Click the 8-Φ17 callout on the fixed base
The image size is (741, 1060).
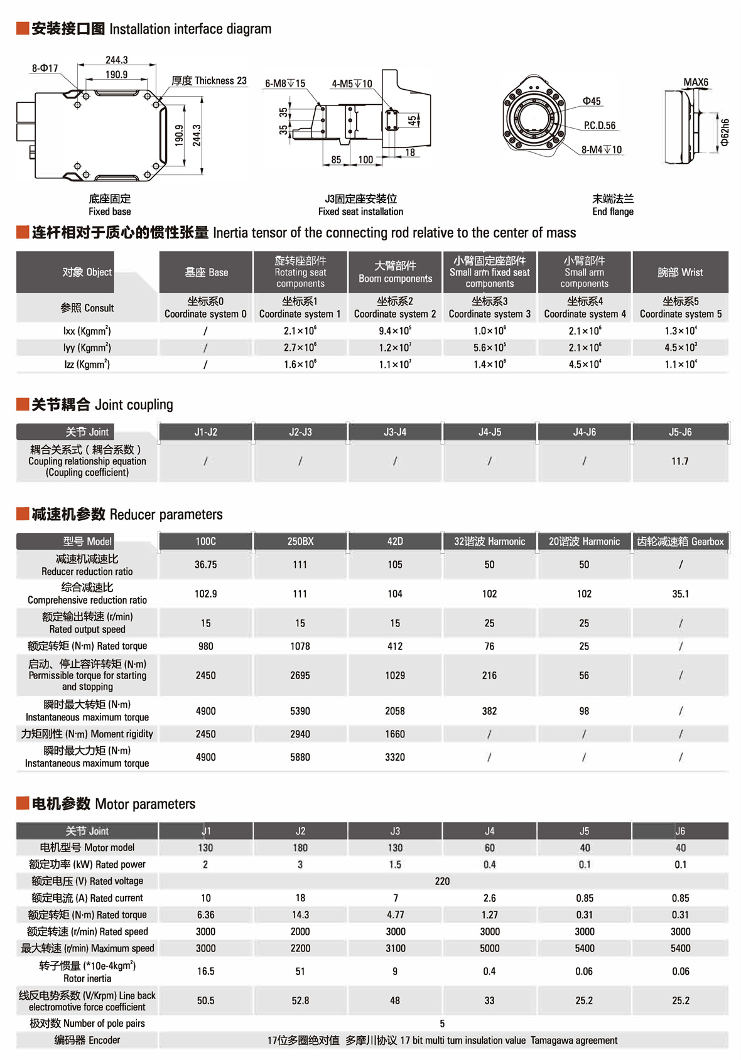point(45,68)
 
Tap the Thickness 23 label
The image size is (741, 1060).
point(209,81)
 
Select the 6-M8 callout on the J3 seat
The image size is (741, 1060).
point(284,83)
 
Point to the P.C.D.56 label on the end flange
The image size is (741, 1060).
point(600,126)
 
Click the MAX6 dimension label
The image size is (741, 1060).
point(695,82)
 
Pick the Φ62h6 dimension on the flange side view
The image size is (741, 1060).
point(725,132)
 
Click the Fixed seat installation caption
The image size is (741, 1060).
point(360,211)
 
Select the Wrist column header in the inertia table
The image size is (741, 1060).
point(680,272)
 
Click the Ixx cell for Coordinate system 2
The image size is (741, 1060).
point(395,331)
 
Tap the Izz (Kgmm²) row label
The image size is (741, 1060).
point(87,364)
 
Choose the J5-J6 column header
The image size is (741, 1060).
point(680,432)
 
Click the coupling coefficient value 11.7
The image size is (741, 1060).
point(680,461)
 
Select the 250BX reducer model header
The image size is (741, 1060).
point(300,542)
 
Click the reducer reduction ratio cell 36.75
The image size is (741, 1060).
point(205,565)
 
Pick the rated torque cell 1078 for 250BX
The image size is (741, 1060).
point(300,646)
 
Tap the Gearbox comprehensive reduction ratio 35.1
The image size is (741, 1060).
point(680,594)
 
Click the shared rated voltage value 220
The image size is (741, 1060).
point(442,881)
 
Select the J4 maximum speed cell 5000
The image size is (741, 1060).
point(489,948)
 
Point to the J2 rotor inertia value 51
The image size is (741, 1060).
point(300,972)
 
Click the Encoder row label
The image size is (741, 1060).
point(87,1040)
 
